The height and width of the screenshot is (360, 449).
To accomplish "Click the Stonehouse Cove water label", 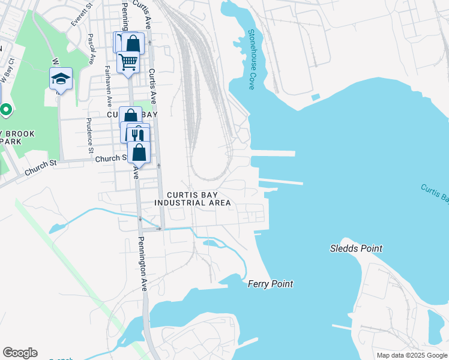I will [251, 60].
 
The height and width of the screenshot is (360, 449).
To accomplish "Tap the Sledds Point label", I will [356, 248].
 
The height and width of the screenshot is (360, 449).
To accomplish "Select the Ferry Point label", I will [270, 284].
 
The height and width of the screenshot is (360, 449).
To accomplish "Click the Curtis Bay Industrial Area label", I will [192, 199].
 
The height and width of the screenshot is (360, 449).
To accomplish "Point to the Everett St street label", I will [81, 14].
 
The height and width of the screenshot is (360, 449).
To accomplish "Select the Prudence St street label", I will [91, 131].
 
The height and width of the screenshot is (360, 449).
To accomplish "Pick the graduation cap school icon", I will [61, 78].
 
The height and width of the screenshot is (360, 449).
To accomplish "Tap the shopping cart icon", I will [128, 61].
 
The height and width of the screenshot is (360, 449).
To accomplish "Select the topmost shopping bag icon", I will [133, 43].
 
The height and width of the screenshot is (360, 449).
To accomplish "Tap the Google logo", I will [20, 353].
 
